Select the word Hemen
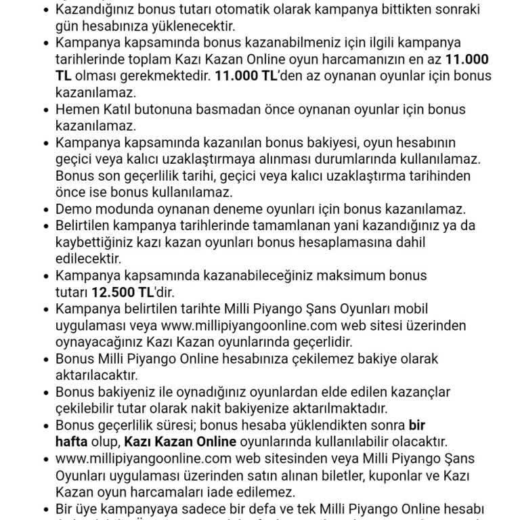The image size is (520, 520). coord(79,109)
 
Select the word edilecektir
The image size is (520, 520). coord(88,259)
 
